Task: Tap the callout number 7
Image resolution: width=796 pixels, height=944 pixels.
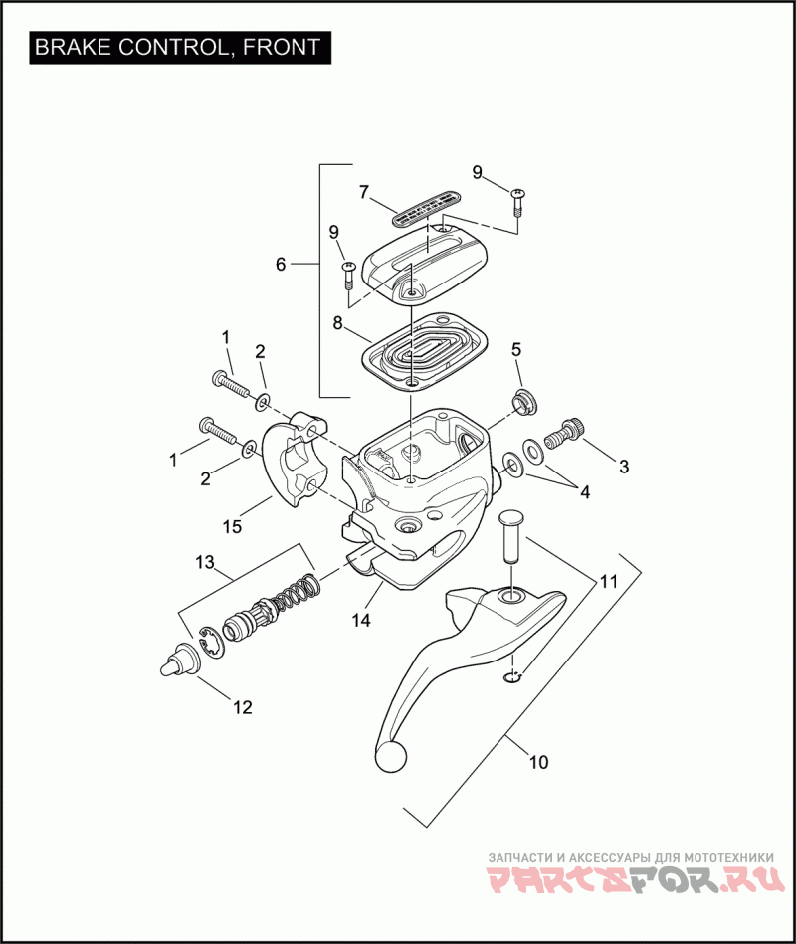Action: point(364,190)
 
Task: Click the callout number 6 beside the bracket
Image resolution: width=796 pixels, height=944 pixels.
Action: point(281,265)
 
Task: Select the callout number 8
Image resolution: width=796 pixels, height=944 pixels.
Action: point(338,323)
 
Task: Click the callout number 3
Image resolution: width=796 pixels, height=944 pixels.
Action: point(624,466)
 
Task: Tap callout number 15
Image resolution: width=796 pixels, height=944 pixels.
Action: point(231,526)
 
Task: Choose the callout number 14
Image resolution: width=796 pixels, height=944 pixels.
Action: point(360,620)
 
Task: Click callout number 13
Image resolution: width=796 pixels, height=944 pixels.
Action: point(204,563)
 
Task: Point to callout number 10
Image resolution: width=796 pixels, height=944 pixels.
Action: point(537,763)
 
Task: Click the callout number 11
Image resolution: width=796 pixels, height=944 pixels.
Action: point(607,579)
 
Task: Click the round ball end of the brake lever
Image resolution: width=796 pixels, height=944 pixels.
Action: point(391,757)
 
